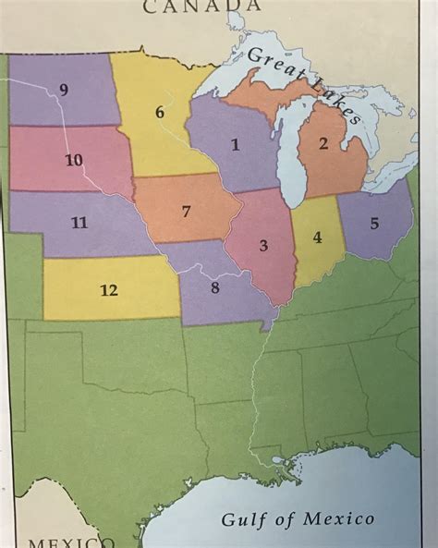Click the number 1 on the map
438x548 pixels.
point(235,144)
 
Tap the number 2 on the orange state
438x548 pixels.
point(323,142)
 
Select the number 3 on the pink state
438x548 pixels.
point(263,245)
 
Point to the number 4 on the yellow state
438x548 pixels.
point(317,237)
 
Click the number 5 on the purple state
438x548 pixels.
point(374,223)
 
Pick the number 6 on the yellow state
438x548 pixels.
point(159,112)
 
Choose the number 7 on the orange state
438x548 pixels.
point(186,212)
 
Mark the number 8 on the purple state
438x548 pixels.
point(214,286)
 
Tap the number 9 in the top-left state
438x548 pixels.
point(64,89)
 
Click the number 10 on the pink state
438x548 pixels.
point(74,160)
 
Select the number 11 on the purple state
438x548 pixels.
point(79,222)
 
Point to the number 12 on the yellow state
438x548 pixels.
point(109,290)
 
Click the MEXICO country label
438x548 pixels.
point(69,542)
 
